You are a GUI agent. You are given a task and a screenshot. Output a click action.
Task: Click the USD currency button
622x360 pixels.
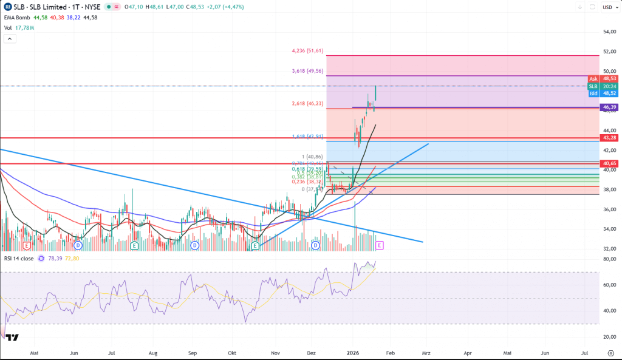(607, 8)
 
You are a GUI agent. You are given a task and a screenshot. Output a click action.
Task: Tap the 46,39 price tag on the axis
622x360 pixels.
(609, 107)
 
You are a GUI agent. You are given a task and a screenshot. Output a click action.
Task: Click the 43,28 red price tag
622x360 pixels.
(609, 138)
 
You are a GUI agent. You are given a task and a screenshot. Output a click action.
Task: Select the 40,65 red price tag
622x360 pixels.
(609, 164)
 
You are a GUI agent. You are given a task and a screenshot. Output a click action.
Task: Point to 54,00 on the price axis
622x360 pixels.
(609, 32)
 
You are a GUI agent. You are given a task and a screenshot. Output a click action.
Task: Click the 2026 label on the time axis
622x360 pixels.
(354, 352)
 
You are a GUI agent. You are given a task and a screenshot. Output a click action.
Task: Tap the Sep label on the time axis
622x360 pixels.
(193, 352)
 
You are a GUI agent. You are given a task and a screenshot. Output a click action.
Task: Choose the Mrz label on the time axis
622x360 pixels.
(426, 352)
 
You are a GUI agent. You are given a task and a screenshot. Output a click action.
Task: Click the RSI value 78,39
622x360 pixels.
(54, 258)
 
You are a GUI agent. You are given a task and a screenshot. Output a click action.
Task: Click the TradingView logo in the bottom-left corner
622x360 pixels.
(13, 338)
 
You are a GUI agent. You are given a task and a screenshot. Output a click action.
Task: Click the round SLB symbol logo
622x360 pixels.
(7, 8)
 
